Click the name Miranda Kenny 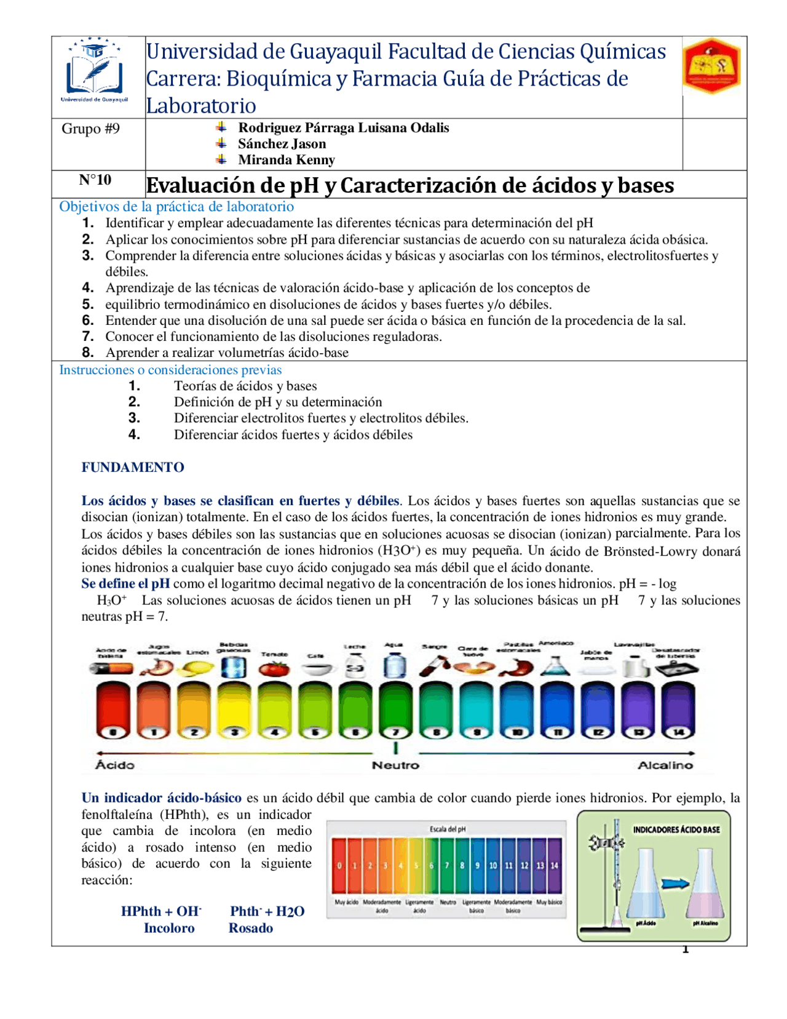coord(286,160)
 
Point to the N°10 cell coord(95,180)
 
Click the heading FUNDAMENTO coord(133,467)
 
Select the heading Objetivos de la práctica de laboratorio coord(176,206)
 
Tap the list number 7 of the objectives coord(88,336)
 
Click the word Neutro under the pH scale coord(395,765)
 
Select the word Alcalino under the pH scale coord(665,765)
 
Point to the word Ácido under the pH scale coord(115,765)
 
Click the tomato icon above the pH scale coord(274,668)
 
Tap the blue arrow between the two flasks coord(675,884)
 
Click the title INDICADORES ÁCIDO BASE coord(676,829)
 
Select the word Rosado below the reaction coord(250,928)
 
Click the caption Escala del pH coord(447,829)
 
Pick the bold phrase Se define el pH coord(125,583)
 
